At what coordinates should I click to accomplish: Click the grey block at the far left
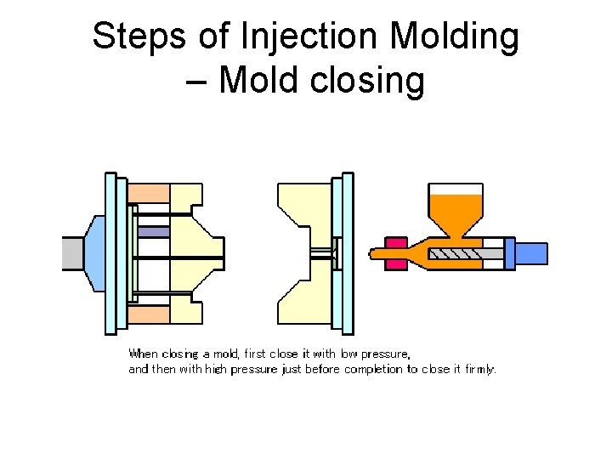point(74,253)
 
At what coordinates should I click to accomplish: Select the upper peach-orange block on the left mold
point(150,193)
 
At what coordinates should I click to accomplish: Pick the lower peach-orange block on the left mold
point(150,315)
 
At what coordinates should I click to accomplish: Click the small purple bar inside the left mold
point(153,231)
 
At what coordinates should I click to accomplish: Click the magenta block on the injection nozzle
point(396,252)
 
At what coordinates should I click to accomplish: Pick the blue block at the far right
point(531,253)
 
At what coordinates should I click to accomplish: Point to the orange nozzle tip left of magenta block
point(376,252)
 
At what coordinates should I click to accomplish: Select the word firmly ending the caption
point(479,370)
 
